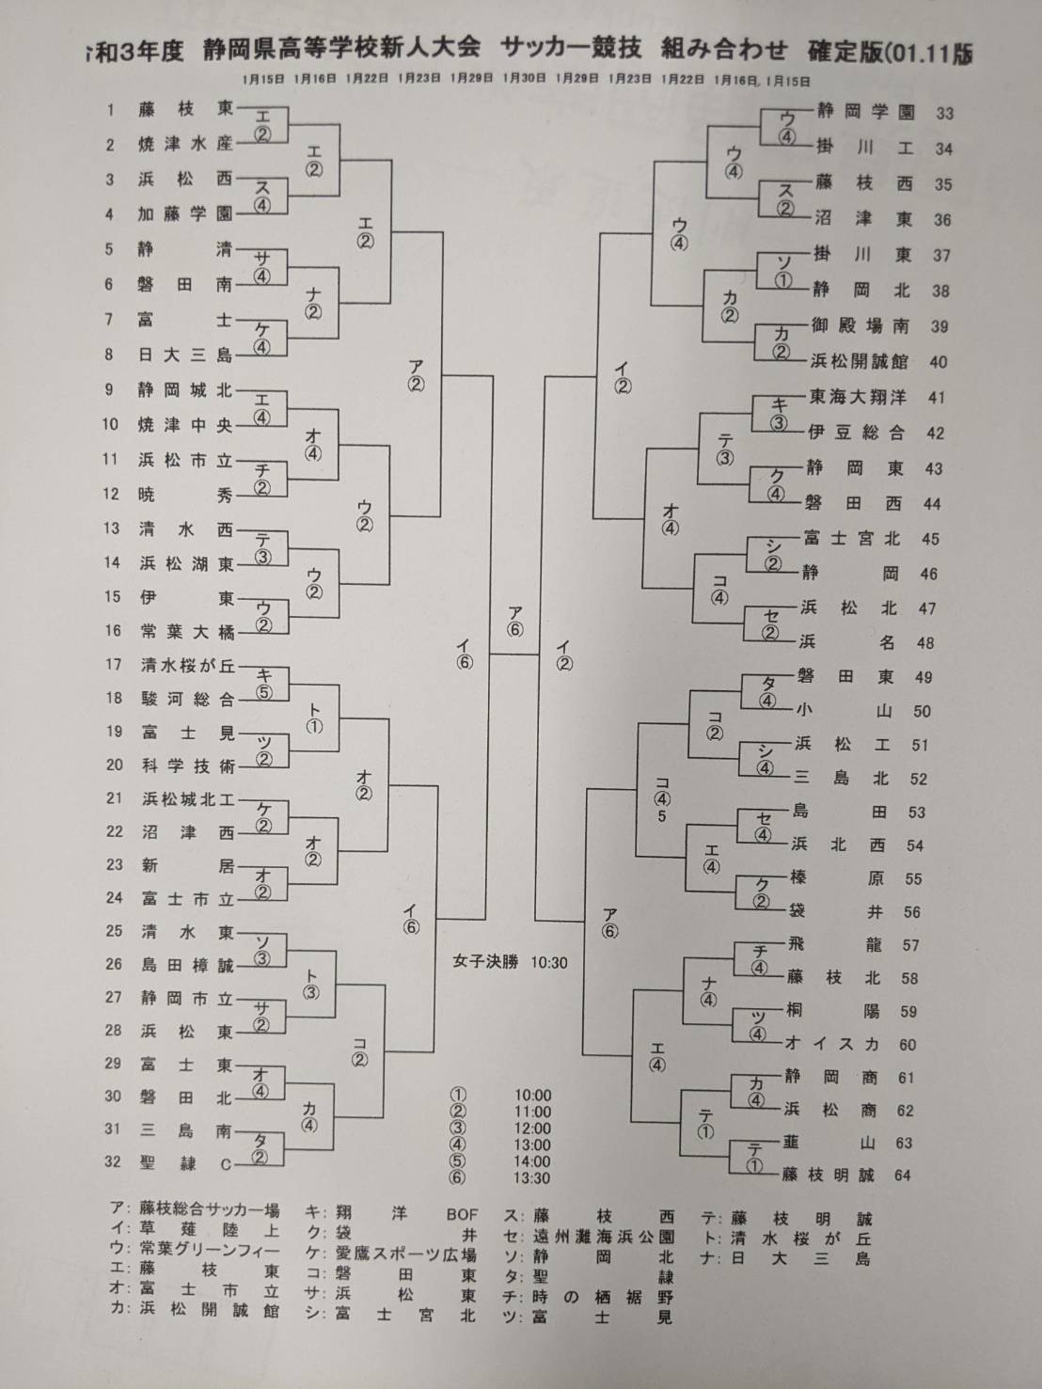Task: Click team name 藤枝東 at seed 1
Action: pos(185,109)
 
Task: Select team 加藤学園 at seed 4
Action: pos(185,214)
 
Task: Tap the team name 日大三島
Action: pos(185,355)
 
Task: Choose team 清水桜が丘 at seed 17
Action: pos(187,665)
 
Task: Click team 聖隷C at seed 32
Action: pos(185,1162)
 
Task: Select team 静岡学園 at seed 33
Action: pos(865,112)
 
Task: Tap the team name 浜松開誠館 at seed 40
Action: pos(859,361)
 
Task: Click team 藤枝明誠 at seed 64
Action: pos(833,1175)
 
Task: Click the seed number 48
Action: pos(925,643)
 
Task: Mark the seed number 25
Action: pos(114,931)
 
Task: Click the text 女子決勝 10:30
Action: pos(510,962)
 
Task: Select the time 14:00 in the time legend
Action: pos(532,1160)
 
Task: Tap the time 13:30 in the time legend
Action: pos(532,1177)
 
